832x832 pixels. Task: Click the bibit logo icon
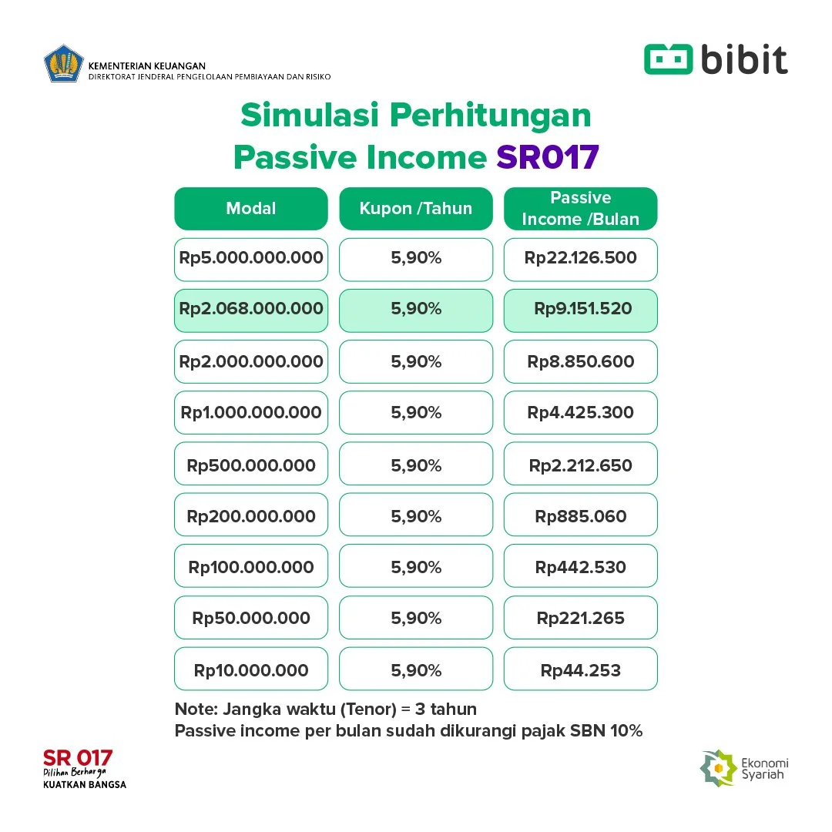coord(669,59)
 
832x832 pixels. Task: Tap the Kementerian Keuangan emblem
coord(64,65)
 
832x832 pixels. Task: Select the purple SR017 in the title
coord(547,157)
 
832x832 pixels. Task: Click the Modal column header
coord(251,209)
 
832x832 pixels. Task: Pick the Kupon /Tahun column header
coord(415,209)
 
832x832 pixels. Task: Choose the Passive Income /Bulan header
coord(580,209)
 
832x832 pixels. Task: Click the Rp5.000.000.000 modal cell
coord(251,259)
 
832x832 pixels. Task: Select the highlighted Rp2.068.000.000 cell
coord(251,310)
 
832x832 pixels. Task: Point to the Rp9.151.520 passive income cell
coord(580,310)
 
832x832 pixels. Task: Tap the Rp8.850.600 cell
coord(580,361)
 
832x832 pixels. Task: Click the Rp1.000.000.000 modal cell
coord(251,412)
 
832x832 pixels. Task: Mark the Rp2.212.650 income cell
coord(580,465)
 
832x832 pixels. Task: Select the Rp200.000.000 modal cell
coord(251,515)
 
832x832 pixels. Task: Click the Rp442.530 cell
coord(580,567)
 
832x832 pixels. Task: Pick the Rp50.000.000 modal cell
coord(251,618)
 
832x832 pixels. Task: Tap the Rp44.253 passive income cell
coord(580,669)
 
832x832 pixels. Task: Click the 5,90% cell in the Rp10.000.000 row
coord(415,669)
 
